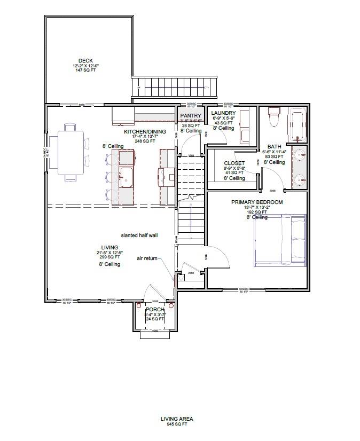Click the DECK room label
tap(86, 60)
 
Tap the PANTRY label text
tap(190, 115)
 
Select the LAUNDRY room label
tap(223, 113)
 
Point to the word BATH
tap(275, 146)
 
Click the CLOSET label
tap(234, 163)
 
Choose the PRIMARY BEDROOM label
tap(257, 202)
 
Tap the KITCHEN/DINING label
tap(145, 131)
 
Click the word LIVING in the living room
tap(109, 247)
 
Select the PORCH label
tap(154, 310)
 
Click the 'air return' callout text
tap(147, 258)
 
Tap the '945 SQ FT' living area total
tap(177, 424)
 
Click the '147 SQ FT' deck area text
tap(86, 70)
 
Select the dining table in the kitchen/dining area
tap(70, 153)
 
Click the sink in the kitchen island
tap(126, 177)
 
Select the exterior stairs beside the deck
tap(175, 85)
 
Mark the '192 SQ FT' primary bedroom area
tap(257, 212)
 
